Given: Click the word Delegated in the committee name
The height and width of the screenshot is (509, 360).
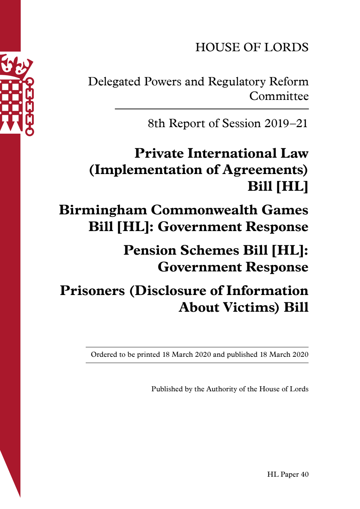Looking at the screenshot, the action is [x=114, y=82].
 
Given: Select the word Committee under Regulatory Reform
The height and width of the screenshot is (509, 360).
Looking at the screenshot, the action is [x=279, y=96].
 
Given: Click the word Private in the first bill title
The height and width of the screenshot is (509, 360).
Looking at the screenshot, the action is [x=159, y=153].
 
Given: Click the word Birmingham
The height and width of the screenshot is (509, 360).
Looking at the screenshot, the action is [x=102, y=210].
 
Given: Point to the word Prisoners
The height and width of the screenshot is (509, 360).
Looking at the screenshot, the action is [x=92, y=291].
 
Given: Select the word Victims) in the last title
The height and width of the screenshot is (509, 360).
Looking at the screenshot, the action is [x=251, y=307].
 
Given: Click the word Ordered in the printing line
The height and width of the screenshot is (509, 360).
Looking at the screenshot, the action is [x=104, y=355].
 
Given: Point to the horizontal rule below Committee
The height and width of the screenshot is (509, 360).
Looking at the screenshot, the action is [x=211, y=109].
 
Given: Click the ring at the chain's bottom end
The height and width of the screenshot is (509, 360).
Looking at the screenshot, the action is [x=29, y=132].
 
